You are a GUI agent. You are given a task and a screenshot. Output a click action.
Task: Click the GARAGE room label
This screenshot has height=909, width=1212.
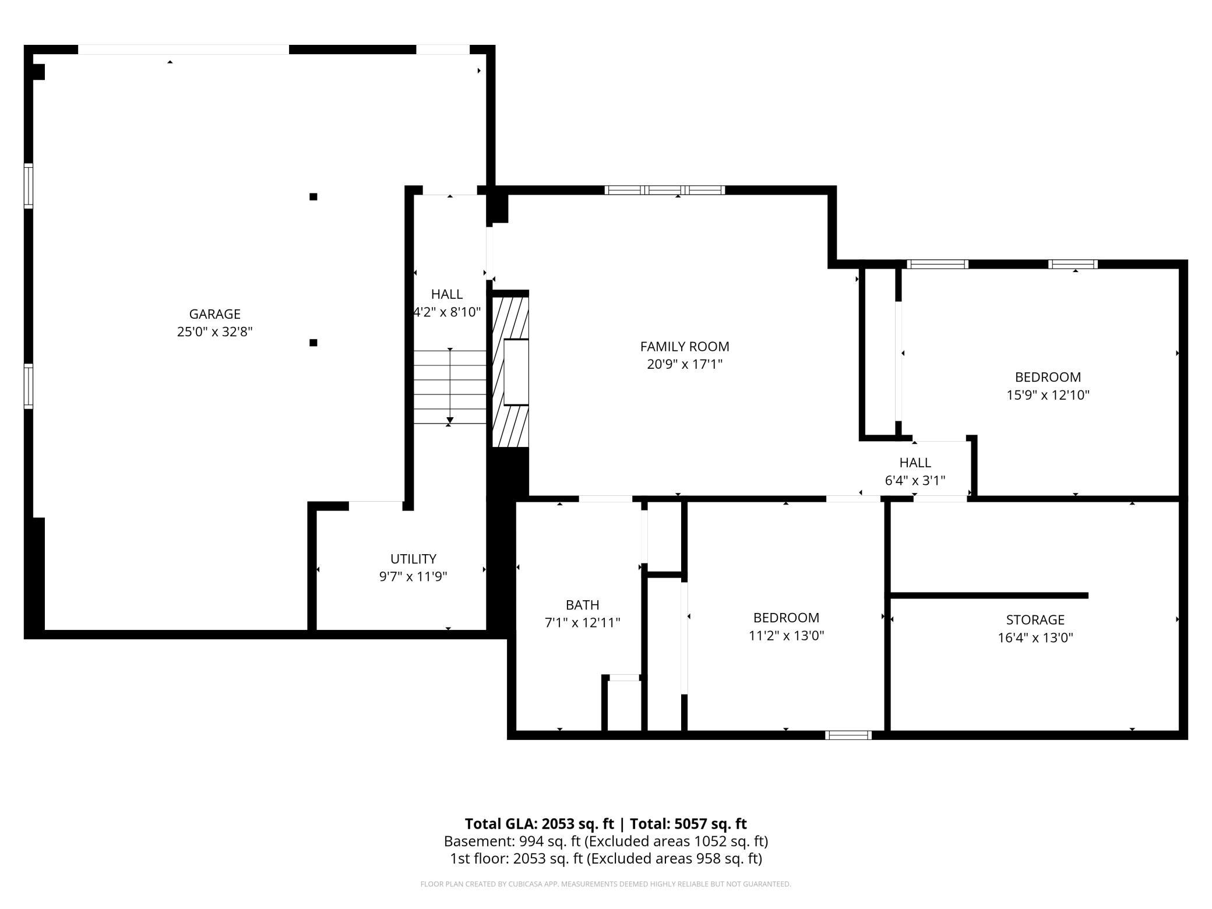point(214,314)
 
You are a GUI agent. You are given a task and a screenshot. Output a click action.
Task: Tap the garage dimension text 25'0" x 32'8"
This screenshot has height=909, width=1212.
point(214,332)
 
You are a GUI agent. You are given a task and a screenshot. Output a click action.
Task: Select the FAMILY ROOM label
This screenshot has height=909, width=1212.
point(685,347)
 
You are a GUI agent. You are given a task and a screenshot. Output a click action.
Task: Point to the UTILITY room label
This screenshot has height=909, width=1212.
point(413,559)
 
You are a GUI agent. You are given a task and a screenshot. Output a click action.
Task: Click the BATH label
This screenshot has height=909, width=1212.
point(582,605)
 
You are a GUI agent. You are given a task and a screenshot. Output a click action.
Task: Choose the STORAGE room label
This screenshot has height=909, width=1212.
point(1035,619)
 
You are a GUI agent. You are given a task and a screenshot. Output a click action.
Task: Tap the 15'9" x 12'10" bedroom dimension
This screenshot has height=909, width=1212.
point(1048,395)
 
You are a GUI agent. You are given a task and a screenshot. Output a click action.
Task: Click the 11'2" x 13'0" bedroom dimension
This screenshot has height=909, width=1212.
point(786,636)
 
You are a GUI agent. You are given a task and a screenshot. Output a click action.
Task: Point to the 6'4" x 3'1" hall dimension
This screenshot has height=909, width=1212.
point(915,481)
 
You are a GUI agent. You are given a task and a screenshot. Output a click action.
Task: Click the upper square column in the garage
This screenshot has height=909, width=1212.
point(313,197)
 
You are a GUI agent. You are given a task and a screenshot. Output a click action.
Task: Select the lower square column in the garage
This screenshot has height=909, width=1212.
point(313,343)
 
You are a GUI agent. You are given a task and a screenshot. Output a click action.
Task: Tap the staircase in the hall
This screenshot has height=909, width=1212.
point(450,387)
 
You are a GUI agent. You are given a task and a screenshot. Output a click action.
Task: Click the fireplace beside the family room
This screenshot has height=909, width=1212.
point(510,372)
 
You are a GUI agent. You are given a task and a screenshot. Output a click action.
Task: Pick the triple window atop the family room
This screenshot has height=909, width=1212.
point(665,190)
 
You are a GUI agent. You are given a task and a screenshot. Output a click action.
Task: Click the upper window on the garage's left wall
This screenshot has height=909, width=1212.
point(28,186)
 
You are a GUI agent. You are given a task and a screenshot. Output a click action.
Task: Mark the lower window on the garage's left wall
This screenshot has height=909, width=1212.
point(28,386)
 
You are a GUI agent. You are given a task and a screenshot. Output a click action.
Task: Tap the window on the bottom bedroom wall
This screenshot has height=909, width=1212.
point(848,735)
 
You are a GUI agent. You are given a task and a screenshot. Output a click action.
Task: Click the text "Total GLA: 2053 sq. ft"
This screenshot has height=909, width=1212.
point(539,823)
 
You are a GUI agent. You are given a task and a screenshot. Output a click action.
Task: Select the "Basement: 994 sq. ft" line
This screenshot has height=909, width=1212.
point(513,841)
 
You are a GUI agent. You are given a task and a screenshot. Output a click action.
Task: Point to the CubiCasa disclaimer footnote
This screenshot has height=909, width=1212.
point(606,884)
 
